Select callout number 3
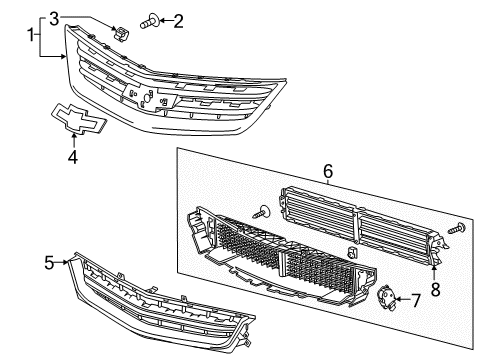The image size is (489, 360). point(83,17)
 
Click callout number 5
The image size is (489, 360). point(48,264)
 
